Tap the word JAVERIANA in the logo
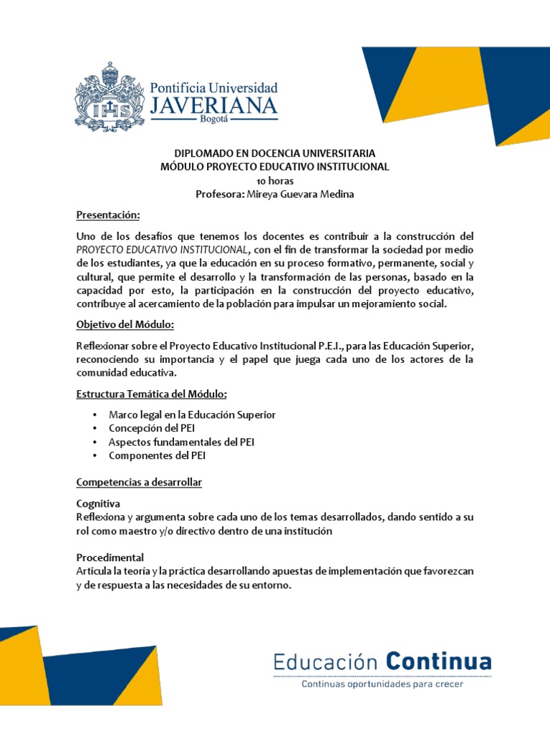[x=213, y=106]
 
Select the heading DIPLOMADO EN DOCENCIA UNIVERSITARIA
[x=275, y=153]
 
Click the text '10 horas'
[x=275, y=180]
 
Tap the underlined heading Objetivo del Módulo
[x=125, y=325]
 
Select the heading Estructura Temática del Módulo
[x=152, y=394]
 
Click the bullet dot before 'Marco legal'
[x=95, y=415]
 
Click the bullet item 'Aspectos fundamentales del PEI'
[x=181, y=442]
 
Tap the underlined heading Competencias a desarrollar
[x=139, y=482]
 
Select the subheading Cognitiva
[x=98, y=503]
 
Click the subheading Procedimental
[x=110, y=557]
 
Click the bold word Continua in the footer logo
[x=439, y=661]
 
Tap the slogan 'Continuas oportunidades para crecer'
[x=382, y=684]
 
